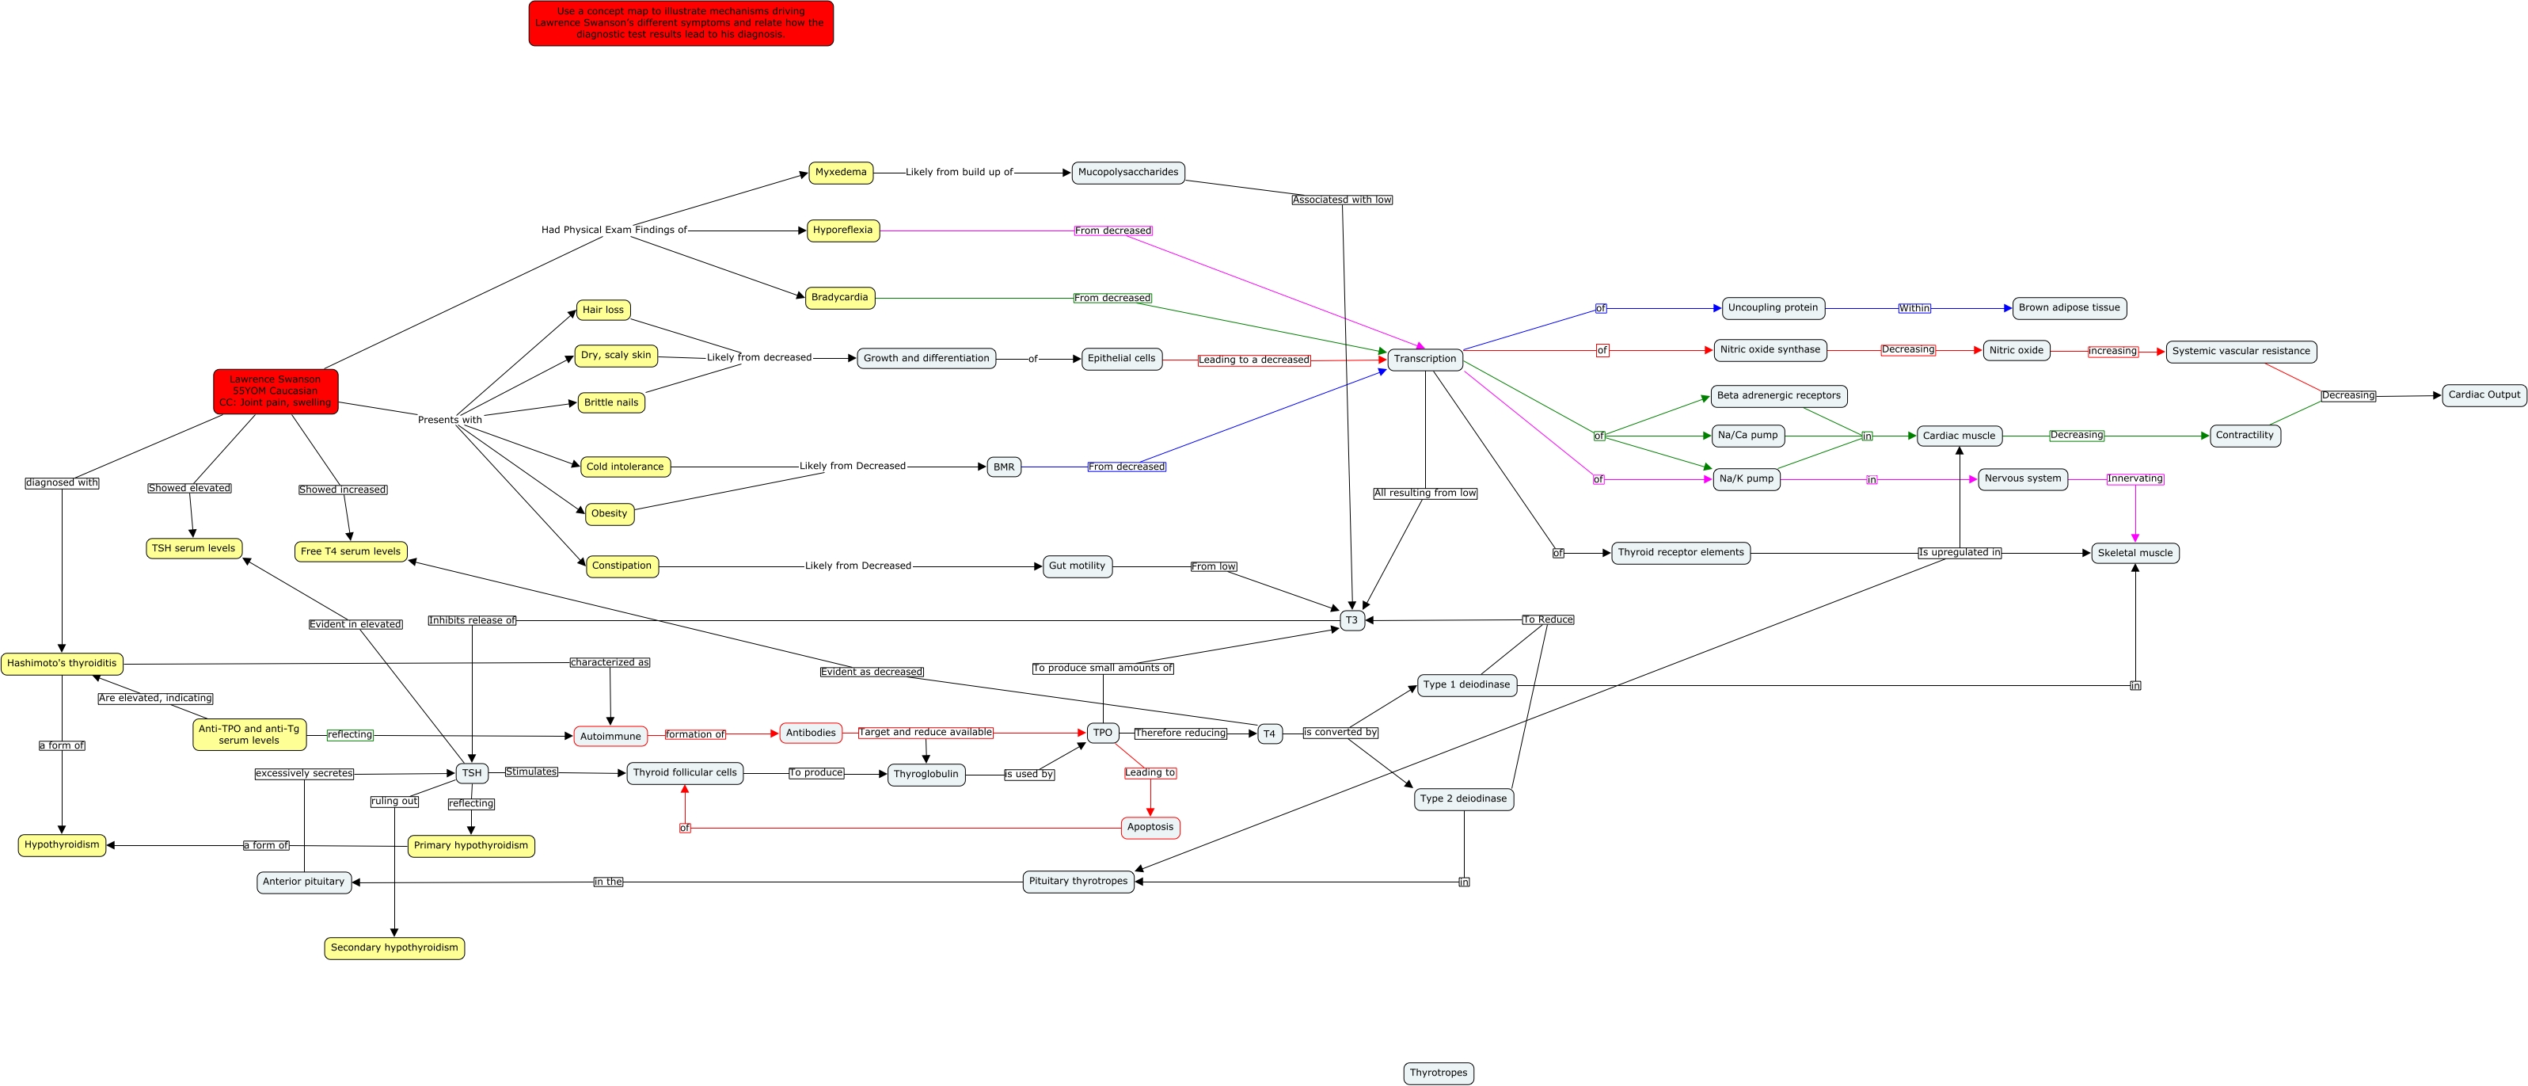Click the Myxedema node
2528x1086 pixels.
[x=841, y=173]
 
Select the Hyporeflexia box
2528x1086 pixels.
[x=843, y=231]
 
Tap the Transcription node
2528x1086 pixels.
[x=1425, y=360]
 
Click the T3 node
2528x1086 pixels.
[x=1351, y=620]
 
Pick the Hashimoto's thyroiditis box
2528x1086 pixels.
[x=62, y=664]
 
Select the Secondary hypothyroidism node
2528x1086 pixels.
[x=394, y=948]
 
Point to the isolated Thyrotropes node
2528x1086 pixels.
[x=1439, y=1073]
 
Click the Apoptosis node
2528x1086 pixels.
[x=1150, y=828]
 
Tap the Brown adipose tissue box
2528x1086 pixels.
[x=2070, y=308]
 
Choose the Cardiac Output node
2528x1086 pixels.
[x=2484, y=396]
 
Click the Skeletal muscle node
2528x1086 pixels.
[x=2135, y=554]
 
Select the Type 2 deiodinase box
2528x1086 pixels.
[x=1463, y=799]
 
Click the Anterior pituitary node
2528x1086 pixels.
[x=304, y=882]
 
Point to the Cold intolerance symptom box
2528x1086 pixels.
[x=625, y=467]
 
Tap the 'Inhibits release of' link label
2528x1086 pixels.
[x=472, y=620]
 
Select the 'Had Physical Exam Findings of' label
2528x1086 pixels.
[x=614, y=231]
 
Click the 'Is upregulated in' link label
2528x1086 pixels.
[x=1960, y=553]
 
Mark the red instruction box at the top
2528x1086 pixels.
[x=680, y=24]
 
